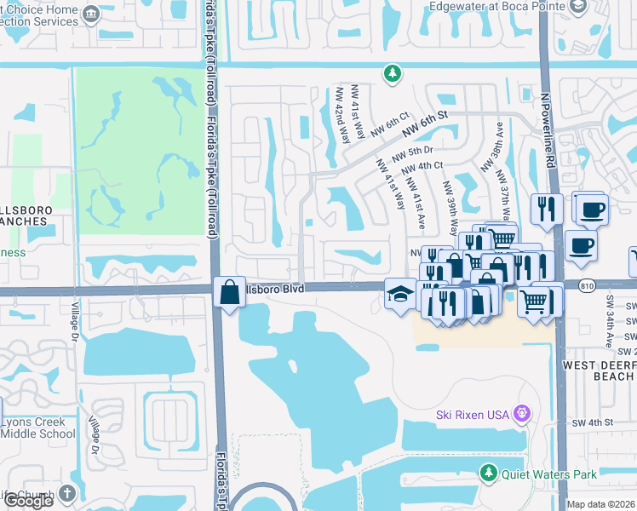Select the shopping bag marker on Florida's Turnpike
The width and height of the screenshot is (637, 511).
coord(228,292)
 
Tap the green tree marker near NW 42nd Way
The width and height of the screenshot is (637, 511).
coord(392,74)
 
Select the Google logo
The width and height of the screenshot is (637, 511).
coord(27,501)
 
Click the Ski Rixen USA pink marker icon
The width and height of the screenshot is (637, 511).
coord(521,415)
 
